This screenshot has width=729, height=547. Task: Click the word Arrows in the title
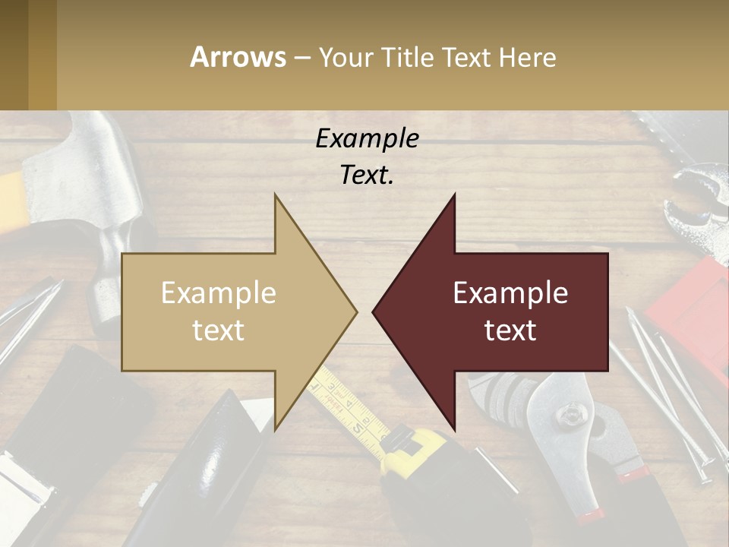pyautogui.click(x=238, y=57)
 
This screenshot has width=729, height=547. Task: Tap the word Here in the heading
pyautogui.click(x=527, y=57)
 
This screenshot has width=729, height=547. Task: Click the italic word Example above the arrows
pyautogui.click(x=367, y=138)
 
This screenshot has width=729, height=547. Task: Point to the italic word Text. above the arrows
pyautogui.click(x=367, y=175)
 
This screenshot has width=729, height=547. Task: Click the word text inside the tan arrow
pyautogui.click(x=218, y=330)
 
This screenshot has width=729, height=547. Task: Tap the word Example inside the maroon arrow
pyautogui.click(x=510, y=292)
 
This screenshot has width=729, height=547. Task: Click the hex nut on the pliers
pyautogui.click(x=570, y=415)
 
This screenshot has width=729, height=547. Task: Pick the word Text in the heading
pyautogui.click(x=467, y=57)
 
